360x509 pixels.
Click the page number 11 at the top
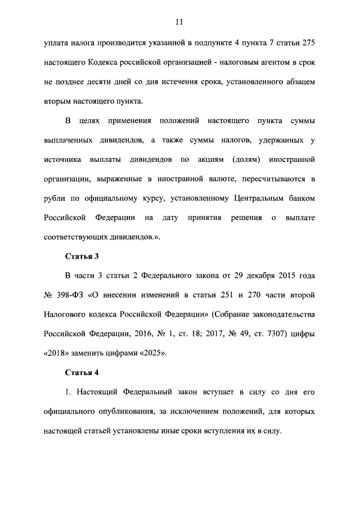click(x=179, y=22)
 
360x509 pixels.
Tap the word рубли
click(x=55, y=198)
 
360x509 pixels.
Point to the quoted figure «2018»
click(x=56, y=354)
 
